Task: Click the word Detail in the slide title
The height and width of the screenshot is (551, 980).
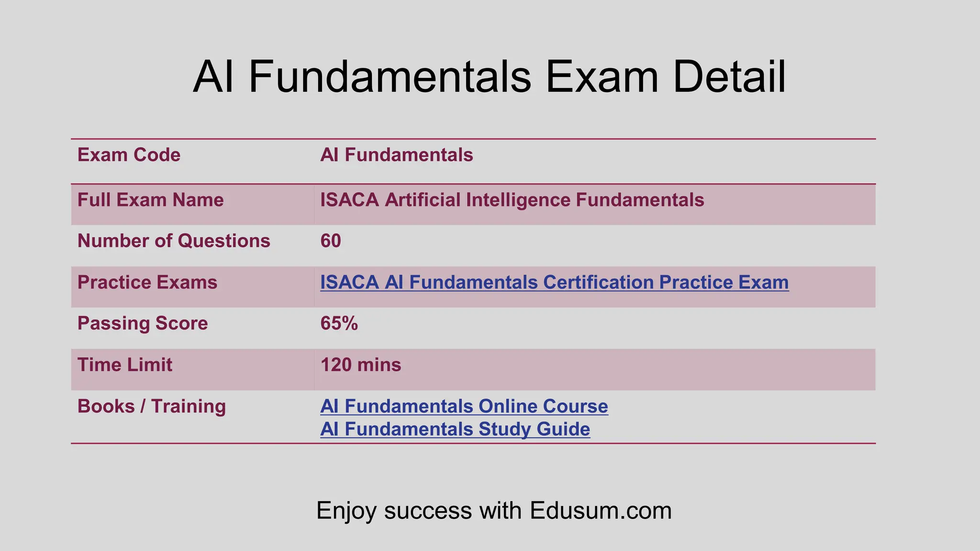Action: pos(729,77)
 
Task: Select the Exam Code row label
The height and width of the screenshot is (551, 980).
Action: pos(129,155)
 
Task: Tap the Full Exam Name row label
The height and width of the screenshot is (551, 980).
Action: pos(150,200)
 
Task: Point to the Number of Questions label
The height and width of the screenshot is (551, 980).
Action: pos(174,241)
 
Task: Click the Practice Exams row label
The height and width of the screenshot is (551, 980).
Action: pos(147,282)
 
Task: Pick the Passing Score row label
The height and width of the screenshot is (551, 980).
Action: pos(143,323)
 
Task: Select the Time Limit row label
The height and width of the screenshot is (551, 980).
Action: pos(124,365)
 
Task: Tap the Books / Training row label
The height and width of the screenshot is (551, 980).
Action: pos(151,406)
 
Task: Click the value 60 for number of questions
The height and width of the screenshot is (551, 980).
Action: pos(331,241)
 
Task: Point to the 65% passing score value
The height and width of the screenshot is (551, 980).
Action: pos(339,323)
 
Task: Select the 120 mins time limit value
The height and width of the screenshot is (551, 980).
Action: pos(360,365)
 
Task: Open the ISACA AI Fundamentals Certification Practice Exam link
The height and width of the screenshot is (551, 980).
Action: pos(554,282)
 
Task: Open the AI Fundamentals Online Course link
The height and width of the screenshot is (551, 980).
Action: pos(464,406)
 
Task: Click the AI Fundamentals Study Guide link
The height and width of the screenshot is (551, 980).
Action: pos(455,429)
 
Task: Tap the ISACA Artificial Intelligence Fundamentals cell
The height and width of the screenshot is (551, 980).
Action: pos(512,200)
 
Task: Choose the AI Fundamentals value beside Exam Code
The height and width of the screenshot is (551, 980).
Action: pos(396,155)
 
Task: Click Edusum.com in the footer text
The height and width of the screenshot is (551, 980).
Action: pos(601,510)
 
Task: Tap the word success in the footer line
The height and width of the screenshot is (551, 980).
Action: pos(429,510)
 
